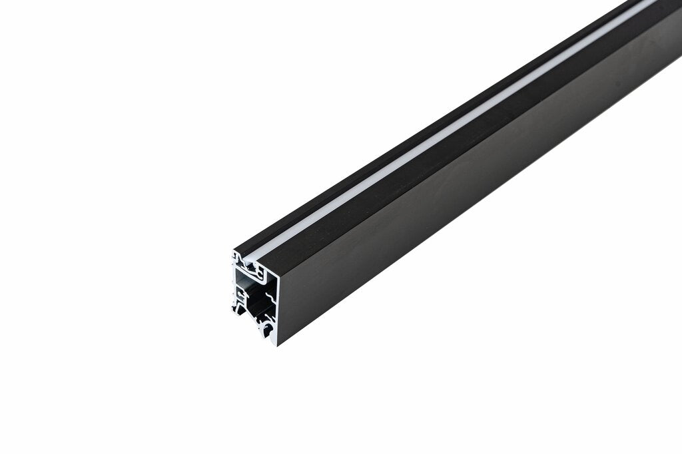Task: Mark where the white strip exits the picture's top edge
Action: coord(649,2)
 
